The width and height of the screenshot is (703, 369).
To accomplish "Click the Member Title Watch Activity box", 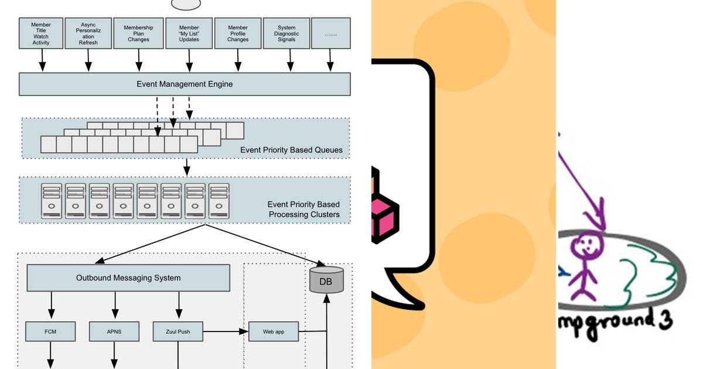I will coord(41,33).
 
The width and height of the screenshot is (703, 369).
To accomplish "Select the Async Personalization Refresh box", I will coord(88,33).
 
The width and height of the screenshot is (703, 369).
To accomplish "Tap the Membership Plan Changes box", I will coord(139,33).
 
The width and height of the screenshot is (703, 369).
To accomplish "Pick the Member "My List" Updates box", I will coord(189,33).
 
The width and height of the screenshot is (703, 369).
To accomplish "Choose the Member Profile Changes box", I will coord(238,33).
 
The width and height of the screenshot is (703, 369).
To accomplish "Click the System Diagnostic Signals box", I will coord(287,33).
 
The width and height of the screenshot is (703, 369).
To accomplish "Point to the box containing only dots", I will coord(331,33).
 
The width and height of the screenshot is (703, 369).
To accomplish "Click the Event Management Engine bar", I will coord(185,84).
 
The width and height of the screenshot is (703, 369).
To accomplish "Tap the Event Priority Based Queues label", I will coord(291,150).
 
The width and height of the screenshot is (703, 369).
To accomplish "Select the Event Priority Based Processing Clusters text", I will coord(303,209).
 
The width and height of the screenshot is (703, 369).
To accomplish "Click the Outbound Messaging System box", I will coord(128,278).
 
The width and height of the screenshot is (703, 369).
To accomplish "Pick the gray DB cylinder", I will coord(326,280).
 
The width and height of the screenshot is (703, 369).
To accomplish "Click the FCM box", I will coord(50,332).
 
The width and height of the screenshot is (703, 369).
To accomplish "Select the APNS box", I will coord(114,332).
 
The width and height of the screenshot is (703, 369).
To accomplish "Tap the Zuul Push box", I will coord(178,332).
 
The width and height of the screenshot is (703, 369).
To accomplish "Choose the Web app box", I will coord(274,332).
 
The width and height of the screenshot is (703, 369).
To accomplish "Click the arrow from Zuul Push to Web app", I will coord(226,332).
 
